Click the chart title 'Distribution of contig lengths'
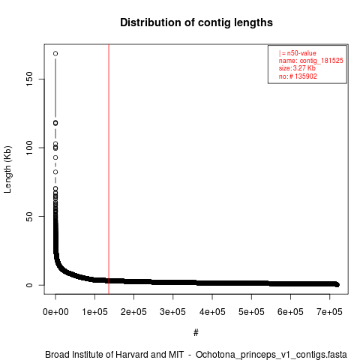tap(196, 22)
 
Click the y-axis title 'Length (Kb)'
tap(7, 169)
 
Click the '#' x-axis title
tap(196, 332)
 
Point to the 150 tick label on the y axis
tap(29, 79)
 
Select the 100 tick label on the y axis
tap(29, 148)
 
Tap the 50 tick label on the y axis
tap(29, 216)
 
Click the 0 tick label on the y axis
tap(29, 285)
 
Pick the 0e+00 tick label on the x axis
tap(55, 312)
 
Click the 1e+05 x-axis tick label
tap(94, 312)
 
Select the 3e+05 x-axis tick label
tap(173, 312)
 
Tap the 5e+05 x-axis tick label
tap(251, 312)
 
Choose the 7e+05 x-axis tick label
tap(330, 312)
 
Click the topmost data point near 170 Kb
tap(55, 53)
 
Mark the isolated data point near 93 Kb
tap(55, 157)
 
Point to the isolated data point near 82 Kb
tap(55, 172)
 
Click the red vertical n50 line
tap(109, 169)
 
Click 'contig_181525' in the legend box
tap(322, 61)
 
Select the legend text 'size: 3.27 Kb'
tap(297, 68)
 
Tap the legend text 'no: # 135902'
tap(298, 76)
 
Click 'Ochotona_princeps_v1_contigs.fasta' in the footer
tap(271, 355)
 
